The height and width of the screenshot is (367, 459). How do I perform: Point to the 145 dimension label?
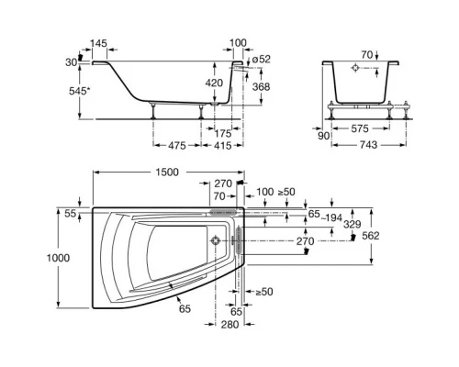pyautogui.click(x=100, y=44)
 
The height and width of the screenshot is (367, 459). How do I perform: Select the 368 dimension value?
pyautogui.click(x=262, y=87)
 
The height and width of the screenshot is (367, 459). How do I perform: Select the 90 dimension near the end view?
pyautogui.click(x=322, y=136)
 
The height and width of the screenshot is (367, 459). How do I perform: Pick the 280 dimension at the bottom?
pyautogui.click(x=229, y=325)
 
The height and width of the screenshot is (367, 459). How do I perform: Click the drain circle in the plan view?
pyautogui.click(x=216, y=241)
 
